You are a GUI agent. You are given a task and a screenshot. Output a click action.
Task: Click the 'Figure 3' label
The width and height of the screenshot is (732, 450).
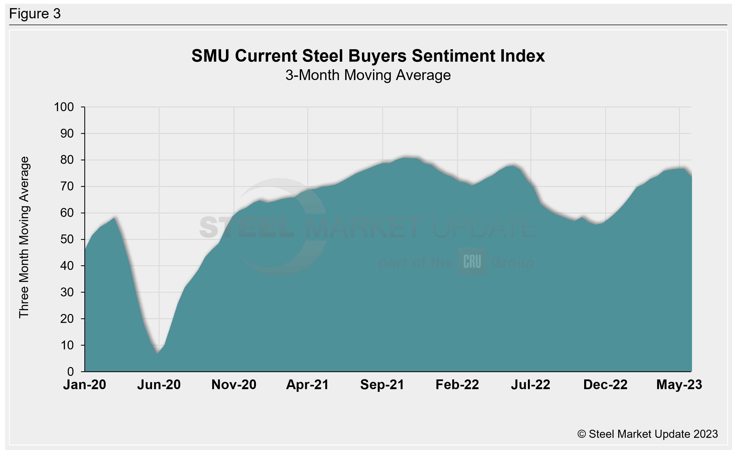35,14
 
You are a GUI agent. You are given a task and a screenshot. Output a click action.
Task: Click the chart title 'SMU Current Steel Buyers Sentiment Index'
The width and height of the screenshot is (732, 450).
368,56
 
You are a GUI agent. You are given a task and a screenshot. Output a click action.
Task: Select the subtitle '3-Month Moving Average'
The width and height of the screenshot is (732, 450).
368,75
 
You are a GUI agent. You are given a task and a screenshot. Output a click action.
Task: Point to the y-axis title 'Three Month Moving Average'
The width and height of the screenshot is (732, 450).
24,237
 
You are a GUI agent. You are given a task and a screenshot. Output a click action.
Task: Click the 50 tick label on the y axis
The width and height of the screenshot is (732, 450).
67,240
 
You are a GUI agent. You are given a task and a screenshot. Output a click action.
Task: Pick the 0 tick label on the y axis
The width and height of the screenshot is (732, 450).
71,372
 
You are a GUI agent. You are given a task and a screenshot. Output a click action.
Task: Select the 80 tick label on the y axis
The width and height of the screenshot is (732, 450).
67,160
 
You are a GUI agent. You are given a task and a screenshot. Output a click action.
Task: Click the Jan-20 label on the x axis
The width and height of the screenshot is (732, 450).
85,385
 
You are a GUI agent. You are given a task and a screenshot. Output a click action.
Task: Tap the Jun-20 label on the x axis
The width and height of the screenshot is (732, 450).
159,385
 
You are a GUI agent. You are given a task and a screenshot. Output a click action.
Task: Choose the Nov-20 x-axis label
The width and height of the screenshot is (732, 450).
234,385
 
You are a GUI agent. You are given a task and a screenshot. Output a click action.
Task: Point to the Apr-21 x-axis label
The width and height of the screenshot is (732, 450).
308,385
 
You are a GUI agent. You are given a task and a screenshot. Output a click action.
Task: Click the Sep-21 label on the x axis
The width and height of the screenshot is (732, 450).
382,385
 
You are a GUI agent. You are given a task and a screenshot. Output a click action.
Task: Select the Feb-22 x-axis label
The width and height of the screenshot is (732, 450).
457,385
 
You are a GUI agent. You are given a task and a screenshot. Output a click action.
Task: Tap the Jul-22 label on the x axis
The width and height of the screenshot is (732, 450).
531,385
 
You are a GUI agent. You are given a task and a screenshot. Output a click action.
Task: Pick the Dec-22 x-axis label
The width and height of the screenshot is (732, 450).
605,385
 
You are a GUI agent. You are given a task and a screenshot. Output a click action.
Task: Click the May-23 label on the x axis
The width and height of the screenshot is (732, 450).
679,385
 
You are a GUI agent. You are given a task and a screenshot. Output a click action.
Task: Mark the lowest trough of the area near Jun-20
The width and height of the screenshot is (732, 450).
158,353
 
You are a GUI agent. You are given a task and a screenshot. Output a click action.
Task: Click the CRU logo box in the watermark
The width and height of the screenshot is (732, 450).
472,262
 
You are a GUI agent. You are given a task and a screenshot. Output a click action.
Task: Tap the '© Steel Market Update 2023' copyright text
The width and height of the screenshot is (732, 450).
647,434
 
